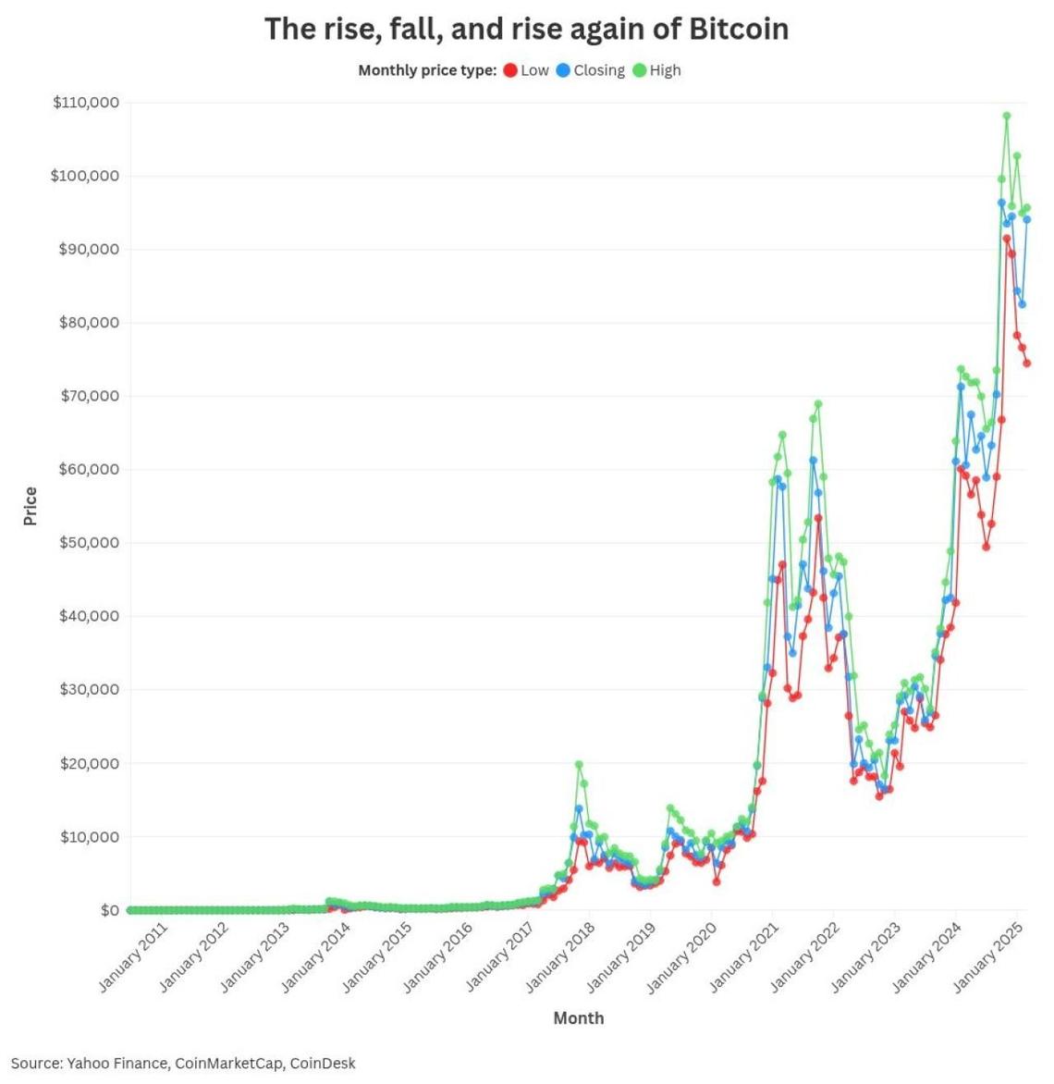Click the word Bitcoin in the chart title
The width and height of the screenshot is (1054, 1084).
coord(738,29)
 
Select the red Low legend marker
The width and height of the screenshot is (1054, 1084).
coord(510,70)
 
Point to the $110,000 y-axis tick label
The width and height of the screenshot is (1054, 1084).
coord(86,103)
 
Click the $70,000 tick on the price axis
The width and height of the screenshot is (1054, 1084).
coord(90,396)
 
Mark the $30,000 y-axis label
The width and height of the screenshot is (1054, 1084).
coord(90,689)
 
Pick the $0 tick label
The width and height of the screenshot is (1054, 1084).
coord(110,910)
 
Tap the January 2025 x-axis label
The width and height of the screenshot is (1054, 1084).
coord(988,956)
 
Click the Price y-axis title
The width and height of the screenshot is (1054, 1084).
coord(31,506)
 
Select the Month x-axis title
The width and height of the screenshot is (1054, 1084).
coord(579,1018)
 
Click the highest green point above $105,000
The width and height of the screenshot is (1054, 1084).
coord(1007,117)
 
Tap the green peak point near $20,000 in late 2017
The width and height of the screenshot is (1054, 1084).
coord(579,765)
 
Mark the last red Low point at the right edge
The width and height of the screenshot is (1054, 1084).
coord(1027,363)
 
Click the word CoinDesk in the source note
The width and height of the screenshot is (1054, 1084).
coord(323,1064)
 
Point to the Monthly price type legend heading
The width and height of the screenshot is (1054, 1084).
coord(427,70)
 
